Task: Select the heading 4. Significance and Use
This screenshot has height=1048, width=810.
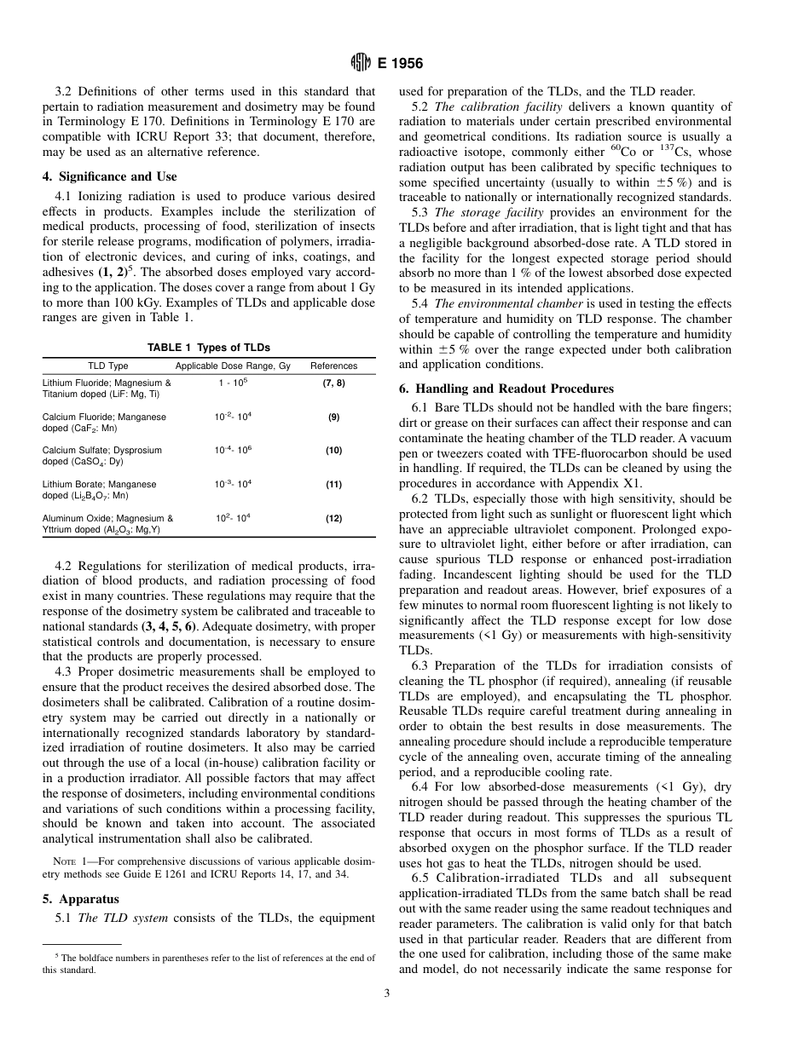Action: (109, 176)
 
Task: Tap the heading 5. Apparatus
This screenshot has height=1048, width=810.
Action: (80, 899)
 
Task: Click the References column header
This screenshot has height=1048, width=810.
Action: (333, 366)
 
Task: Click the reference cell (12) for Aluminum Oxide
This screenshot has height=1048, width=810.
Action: (333, 518)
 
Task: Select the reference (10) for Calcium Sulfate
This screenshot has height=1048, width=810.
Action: (333, 451)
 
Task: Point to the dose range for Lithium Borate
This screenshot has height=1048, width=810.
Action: (233, 484)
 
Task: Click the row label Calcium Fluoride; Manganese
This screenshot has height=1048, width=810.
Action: (104, 417)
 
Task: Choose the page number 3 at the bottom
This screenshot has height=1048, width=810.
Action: (386, 1015)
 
